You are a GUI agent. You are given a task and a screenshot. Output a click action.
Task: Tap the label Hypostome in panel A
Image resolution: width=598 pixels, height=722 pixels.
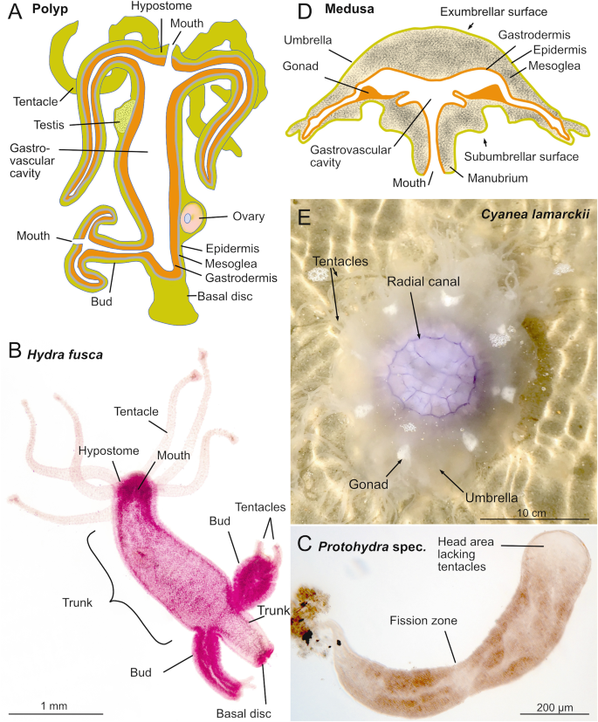pyautogui.click(x=162, y=6)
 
